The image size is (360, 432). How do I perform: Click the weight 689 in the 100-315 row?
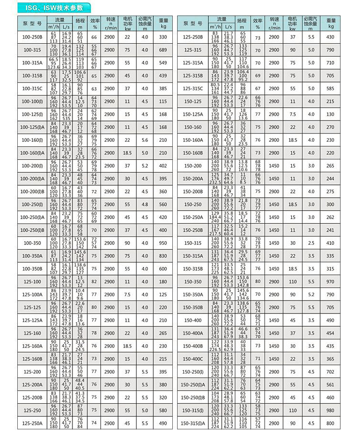163,50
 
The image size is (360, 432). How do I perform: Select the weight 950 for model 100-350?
163,243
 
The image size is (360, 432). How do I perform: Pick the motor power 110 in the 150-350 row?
292,281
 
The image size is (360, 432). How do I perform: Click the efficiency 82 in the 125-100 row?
95,281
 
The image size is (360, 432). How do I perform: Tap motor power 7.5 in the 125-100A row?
128,294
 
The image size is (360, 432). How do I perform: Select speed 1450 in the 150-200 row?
274,166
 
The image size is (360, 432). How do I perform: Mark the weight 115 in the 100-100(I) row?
163,101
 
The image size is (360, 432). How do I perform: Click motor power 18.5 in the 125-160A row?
128,346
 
